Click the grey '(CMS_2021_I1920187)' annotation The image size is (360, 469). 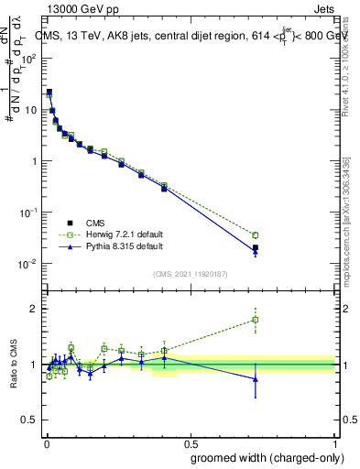pos(191,273)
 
